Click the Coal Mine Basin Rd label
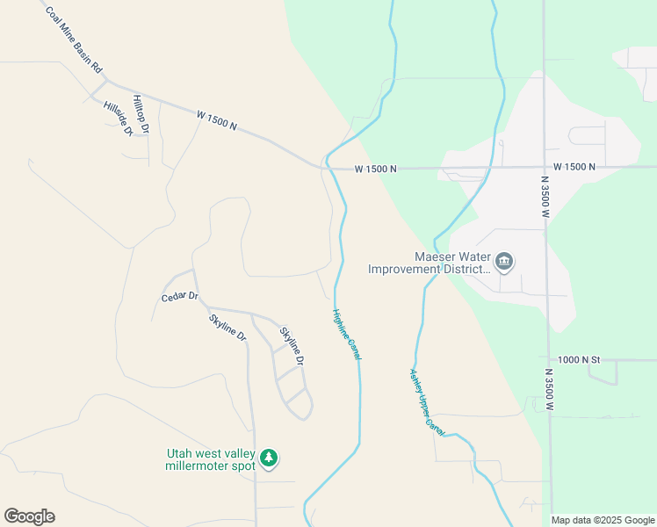(74, 40)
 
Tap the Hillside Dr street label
(117, 118)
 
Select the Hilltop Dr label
(141, 114)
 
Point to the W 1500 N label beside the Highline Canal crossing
(376, 169)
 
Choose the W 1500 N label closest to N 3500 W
(574, 167)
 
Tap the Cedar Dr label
(180, 297)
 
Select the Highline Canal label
(347, 333)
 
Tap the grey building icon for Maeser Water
(504, 261)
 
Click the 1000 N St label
(578, 360)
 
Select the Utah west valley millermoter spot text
(210, 459)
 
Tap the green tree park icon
(269, 458)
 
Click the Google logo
(29, 516)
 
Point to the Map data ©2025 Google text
(603, 520)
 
